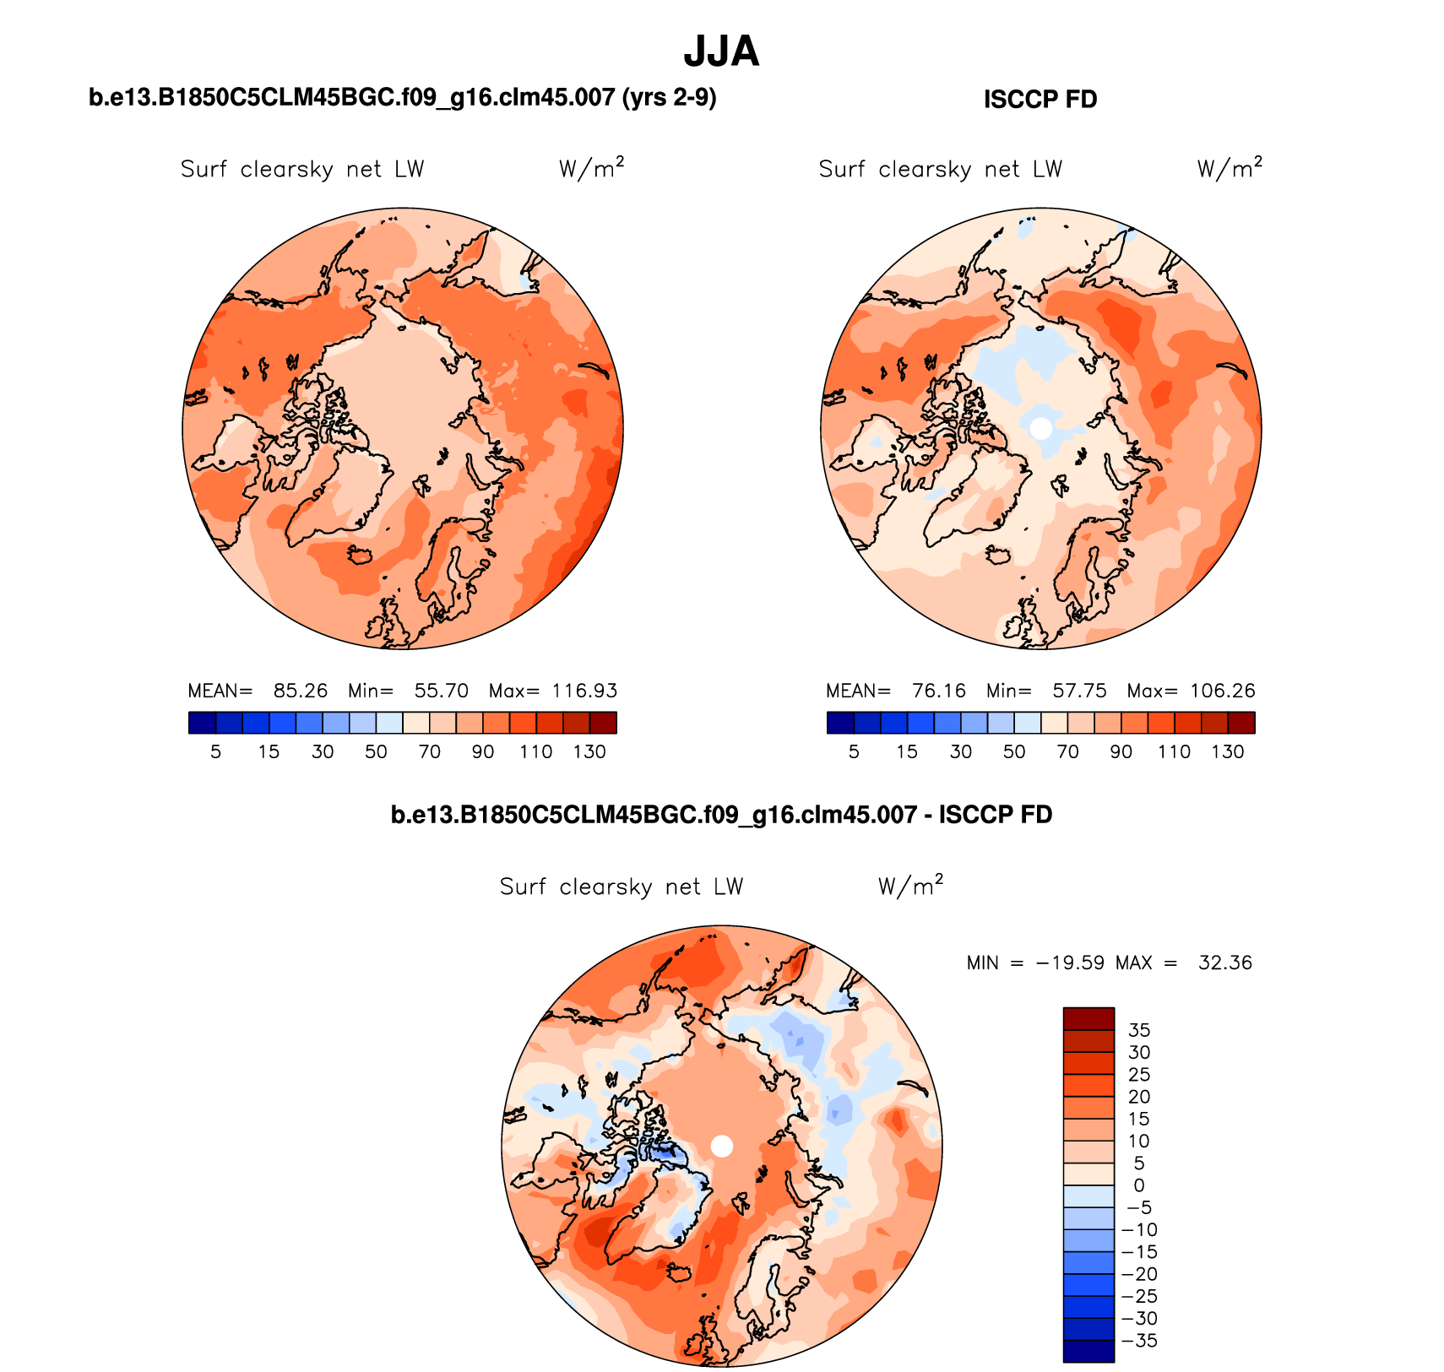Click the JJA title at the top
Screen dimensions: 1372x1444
click(x=721, y=52)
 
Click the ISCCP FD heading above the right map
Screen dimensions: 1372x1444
click(x=1040, y=100)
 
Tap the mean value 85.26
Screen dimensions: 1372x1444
click(x=300, y=691)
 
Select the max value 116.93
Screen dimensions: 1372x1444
click(x=584, y=691)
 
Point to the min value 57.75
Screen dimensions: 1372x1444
click(x=1079, y=691)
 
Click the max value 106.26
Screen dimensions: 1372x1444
click(x=1223, y=691)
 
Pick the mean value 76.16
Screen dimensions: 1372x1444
click(x=938, y=691)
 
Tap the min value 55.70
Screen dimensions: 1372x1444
click(x=441, y=691)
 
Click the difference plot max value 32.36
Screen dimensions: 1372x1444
click(x=1224, y=963)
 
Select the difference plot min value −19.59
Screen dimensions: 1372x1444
click(x=1070, y=963)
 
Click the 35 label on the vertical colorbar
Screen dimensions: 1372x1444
click(x=1139, y=1030)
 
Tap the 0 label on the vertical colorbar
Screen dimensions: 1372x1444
click(x=1139, y=1185)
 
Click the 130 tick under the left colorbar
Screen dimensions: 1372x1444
click(x=589, y=751)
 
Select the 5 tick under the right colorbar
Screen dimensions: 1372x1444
click(x=854, y=751)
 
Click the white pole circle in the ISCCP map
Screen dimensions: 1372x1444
click(x=1041, y=428)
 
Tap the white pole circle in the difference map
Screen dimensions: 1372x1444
click(x=722, y=1146)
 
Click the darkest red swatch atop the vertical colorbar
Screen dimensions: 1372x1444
click(x=1088, y=1018)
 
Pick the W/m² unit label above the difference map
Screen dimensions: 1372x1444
click(x=909, y=886)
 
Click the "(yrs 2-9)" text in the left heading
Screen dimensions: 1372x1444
click(x=669, y=98)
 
